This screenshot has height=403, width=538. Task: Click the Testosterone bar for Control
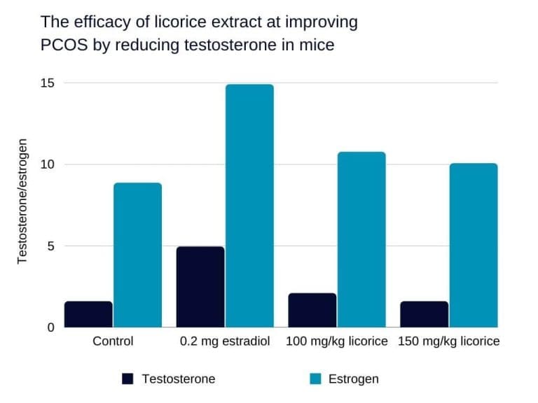88,314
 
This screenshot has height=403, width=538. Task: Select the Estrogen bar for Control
137,255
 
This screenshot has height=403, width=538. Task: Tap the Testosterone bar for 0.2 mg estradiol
200,287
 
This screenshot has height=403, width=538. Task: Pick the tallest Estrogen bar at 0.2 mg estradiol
249,206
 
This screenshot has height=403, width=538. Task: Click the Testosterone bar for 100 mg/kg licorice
312,310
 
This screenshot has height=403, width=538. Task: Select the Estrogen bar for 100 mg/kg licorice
361,239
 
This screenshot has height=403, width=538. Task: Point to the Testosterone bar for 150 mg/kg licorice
424,314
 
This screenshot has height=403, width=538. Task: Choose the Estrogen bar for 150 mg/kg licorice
473,245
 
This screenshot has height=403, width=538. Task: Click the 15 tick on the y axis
48,83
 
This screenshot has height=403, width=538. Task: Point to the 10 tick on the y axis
48,164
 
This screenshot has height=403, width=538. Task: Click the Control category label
113,342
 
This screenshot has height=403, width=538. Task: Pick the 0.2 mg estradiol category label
225,342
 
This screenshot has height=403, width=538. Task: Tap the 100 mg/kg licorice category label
337,342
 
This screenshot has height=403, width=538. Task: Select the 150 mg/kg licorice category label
448,342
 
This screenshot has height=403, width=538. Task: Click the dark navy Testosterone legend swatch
127,379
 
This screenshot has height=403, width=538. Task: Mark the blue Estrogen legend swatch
315,379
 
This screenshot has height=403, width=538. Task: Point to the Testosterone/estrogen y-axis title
22,201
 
